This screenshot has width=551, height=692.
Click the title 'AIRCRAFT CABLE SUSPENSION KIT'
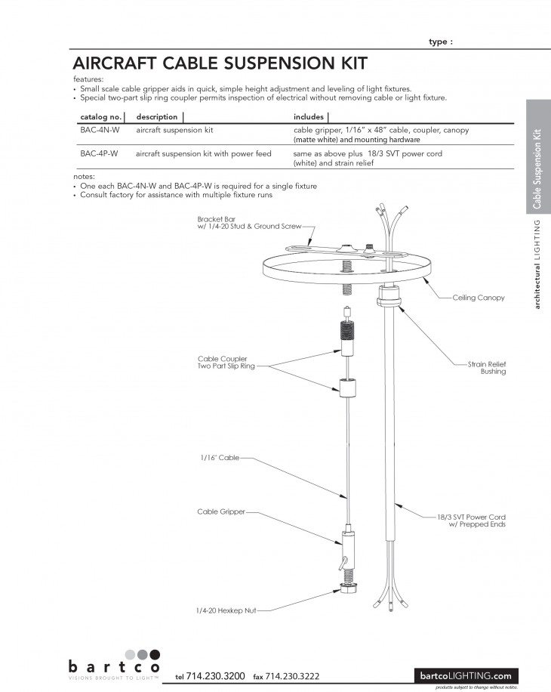[219, 61]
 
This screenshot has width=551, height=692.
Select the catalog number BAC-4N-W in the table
[100, 130]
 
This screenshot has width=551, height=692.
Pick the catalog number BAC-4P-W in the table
[100, 153]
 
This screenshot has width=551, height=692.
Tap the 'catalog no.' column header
[100, 117]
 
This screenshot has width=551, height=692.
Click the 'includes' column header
[308, 117]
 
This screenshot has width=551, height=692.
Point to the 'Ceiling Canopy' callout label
[478, 298]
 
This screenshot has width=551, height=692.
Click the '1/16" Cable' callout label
[218, 458]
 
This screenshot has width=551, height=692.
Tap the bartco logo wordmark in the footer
[113, 667]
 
